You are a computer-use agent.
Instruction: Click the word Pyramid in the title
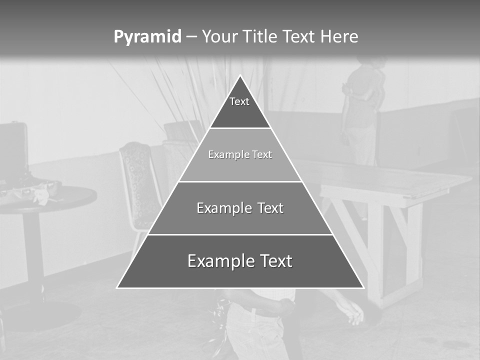[147, 37]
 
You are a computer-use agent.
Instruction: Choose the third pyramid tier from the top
[240, 208]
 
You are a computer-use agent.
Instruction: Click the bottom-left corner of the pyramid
[118, 287]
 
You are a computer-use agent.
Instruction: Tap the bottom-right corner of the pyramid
[363, 287]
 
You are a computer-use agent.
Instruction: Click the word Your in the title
[219, 36]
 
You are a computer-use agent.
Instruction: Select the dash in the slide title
[191, 37]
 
